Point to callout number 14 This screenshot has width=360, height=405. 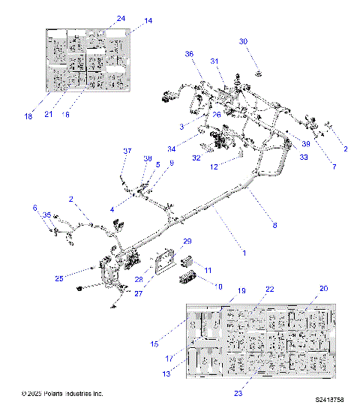click(148, 21)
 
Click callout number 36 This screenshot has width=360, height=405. click(189, 54)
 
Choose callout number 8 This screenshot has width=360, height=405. click(274, 224)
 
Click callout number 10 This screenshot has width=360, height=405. click(219, 286)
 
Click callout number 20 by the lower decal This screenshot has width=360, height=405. click(323, 288)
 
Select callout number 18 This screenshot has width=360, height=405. click(28, 116)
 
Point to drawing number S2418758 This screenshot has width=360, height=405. click(329, 400)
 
